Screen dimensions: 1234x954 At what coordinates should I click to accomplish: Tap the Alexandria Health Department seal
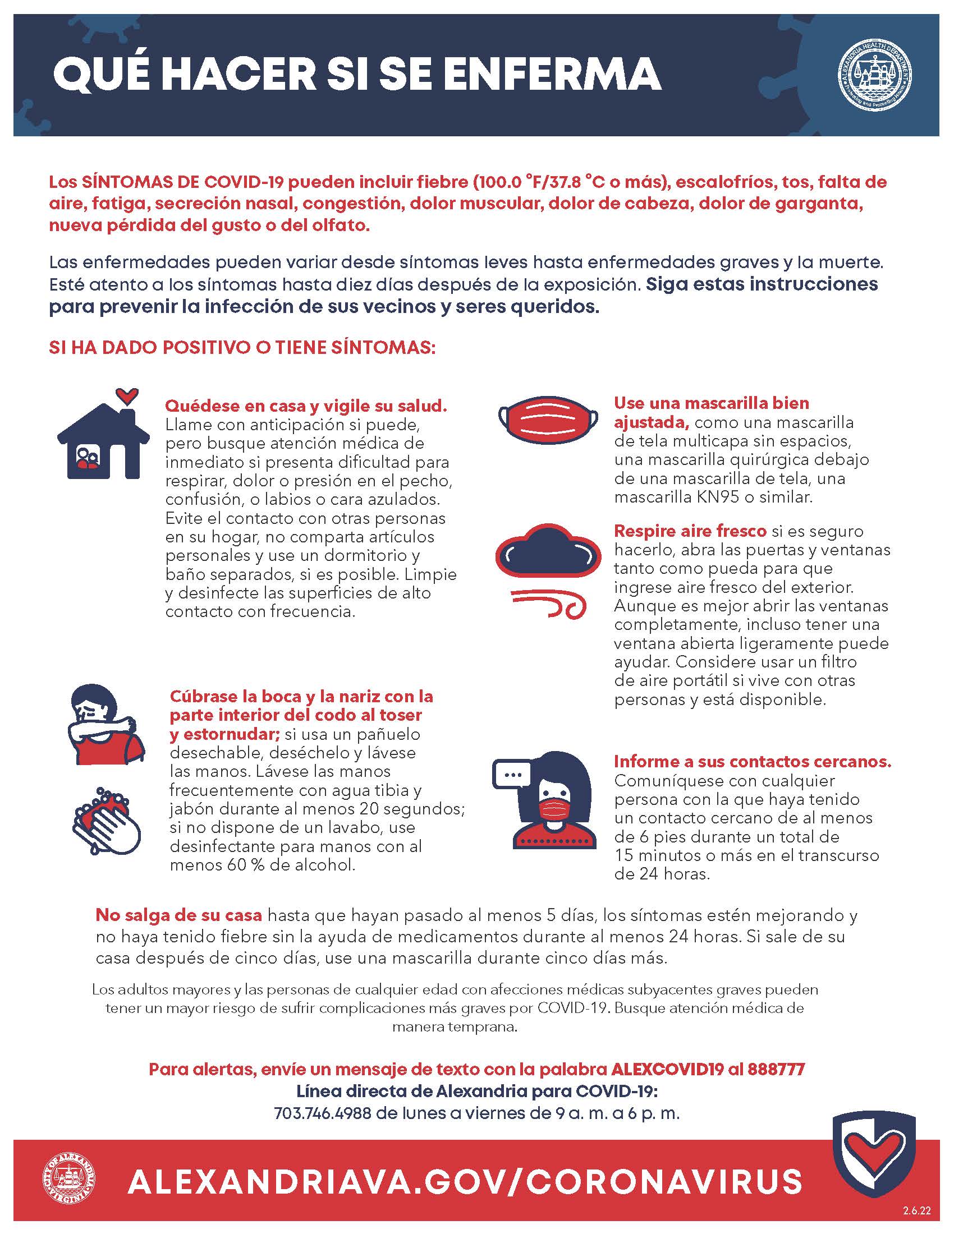coord(874,75)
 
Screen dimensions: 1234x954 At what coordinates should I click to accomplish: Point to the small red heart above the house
coord(126,394)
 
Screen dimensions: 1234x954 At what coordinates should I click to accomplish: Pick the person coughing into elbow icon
coord(105,725)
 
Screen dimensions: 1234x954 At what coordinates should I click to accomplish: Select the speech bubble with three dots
coord(512,774)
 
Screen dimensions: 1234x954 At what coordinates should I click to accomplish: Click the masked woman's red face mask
coord(552,809)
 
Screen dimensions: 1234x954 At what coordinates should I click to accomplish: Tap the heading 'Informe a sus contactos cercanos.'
coord(752,762)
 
